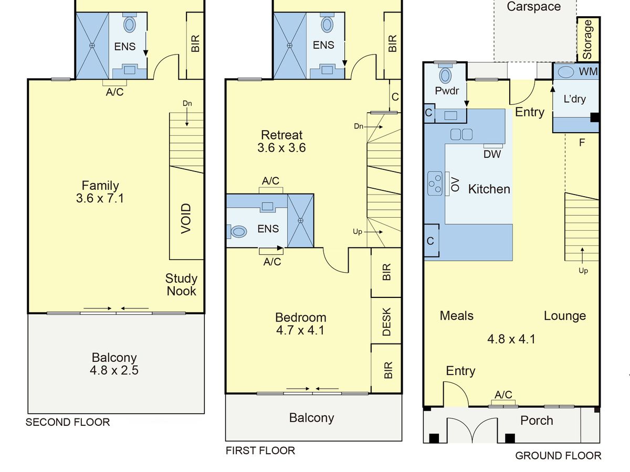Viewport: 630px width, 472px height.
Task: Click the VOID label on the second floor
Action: click(x=186, y=219)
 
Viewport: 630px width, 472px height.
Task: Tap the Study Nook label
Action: click(x=182, y=285)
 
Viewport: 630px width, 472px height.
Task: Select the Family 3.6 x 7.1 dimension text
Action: click(x=100, y=198)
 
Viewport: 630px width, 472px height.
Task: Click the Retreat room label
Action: click(x=281, y=135)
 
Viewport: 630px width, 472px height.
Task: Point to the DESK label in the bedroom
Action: click(x=386, y=321)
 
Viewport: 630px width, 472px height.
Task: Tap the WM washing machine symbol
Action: click(x=565, y=72)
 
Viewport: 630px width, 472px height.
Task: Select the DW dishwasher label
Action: click(x=492, y=154)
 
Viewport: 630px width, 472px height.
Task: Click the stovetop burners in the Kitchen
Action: click(x=435, y=184)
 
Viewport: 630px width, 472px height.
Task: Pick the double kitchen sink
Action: click(x=461, y=134)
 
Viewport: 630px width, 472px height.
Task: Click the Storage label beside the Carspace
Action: click(x=587, y=39)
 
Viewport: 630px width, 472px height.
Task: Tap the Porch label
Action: click(x=537, y=421)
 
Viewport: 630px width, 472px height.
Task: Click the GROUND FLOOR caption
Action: click(x=558, y=456)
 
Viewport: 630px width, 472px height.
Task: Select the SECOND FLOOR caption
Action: click(x=68, y=422)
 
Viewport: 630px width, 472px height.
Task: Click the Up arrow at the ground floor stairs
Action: click(x=582, y=255)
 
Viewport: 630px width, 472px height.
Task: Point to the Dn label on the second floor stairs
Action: click(x=187, y=103)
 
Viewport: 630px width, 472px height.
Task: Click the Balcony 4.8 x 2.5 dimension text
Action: click(x=114, y=370)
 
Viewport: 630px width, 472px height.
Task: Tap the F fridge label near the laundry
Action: click(x=582, y=143)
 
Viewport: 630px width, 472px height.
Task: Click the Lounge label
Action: click(x=565, y=316)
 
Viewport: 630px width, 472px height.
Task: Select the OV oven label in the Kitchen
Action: click(x=456, y=184)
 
